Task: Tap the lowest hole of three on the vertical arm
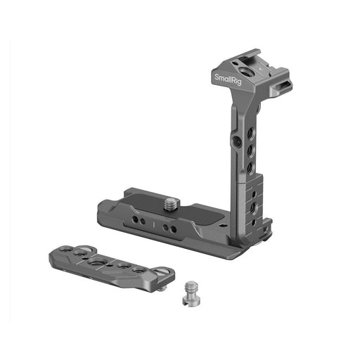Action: (x=251, y=168)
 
